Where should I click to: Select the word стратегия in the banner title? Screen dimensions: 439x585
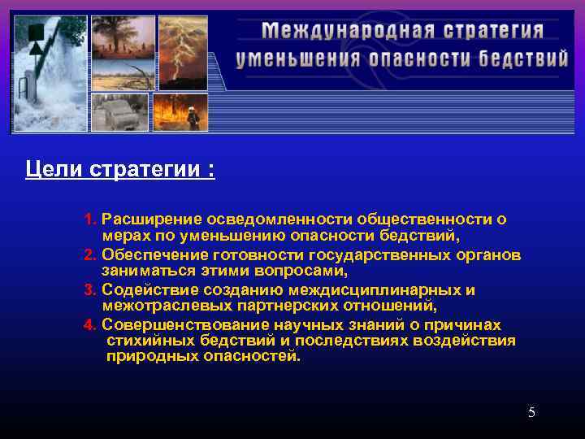(x=494, y=32)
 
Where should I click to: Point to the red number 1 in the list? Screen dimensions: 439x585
(x=89, y=219)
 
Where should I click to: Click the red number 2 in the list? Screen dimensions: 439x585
(x=89, y=255)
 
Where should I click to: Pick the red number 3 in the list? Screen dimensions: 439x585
(x=89, y=290)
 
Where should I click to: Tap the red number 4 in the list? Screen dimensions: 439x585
(x=89, y=325)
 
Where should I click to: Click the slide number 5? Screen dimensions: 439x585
(x=531, y=412)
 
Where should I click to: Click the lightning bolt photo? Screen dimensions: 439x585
(x=182, y=51)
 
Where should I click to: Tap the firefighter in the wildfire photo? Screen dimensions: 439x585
(x=193, y=118)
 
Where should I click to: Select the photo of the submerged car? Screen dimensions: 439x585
(x=119, y=112)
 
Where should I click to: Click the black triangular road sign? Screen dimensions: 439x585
(x=36, y=47)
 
